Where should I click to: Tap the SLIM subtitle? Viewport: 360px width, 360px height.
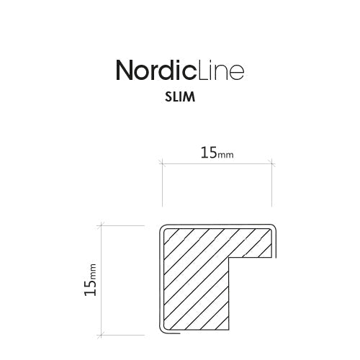pyautogui.click(x=180, y=96)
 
